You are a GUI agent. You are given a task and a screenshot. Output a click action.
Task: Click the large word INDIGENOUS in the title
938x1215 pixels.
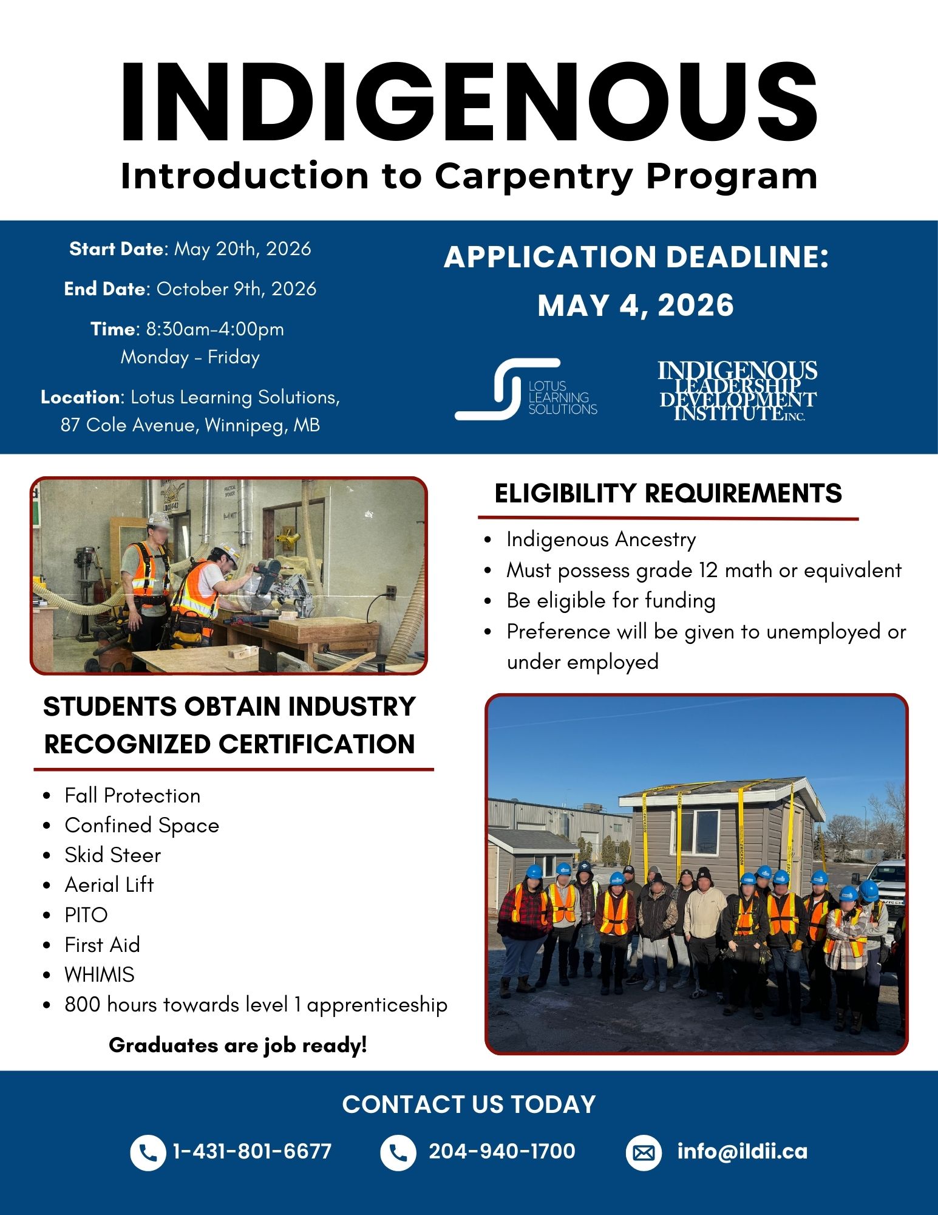(x=469, y=102)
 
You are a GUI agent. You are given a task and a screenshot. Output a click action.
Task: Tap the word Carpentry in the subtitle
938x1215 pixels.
(x=534, y=176)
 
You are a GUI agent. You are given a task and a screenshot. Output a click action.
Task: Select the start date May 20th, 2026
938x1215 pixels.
(x=242, y=249)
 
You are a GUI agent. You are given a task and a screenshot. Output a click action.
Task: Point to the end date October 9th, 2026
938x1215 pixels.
(x=236, y=289)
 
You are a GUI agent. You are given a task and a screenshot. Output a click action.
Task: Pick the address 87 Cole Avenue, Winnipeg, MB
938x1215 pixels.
(x=190, y=425)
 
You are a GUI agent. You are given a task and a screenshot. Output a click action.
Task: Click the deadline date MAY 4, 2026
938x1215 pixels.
(x=636, y=305)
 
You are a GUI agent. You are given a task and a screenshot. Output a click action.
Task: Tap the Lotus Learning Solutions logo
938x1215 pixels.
(x=526, y=389)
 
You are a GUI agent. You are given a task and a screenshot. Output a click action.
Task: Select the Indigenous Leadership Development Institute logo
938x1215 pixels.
(x=737, y=391)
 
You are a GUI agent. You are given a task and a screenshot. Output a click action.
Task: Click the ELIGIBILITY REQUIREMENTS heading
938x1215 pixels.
(x=668, y=493)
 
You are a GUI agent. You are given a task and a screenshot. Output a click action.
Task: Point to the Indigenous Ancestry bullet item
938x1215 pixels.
(x=601, y=539)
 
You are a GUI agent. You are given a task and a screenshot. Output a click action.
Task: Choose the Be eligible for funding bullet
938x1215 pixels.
(x=611, y=601)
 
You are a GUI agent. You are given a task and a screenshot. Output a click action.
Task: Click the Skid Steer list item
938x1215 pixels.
(x=113, y=855)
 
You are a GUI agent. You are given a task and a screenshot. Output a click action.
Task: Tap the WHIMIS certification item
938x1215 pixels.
(x=100, y=975)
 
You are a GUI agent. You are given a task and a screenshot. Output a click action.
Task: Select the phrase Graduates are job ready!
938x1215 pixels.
(x=238, y=1046)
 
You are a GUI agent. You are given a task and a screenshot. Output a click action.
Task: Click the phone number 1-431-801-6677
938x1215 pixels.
(x=252, y=1152)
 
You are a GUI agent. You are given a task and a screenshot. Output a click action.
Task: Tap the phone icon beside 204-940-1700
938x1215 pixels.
(x=398, y=1152)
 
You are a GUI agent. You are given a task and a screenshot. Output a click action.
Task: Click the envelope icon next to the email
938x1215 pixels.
(x=644, y=1152)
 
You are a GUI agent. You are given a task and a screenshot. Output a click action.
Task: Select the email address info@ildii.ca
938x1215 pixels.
(x=742, y=1152)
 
